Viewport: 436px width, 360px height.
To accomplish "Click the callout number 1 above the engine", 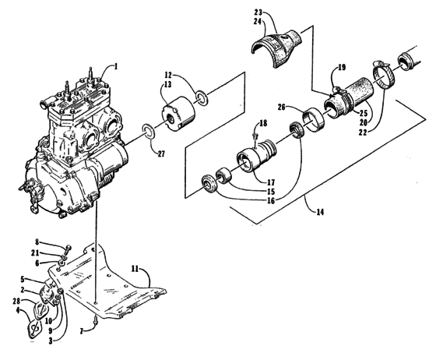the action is coord(116,66).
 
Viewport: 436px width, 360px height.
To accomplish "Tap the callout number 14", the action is coord(320,212).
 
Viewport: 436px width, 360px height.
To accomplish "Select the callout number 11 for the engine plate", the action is coord(135,269).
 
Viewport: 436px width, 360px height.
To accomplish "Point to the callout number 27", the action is coord(161,154).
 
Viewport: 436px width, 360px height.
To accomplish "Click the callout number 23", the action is coord(258,12).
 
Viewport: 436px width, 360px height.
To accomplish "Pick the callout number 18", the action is coord(263,123).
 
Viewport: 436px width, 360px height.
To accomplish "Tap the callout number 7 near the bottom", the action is coord(82,331).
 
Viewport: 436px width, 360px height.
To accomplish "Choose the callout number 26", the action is coord(282,107).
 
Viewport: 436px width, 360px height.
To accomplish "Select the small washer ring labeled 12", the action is coord(202,97).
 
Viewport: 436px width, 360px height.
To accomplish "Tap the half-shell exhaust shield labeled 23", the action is coord(276,48).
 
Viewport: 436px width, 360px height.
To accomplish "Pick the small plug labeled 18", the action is coord(255,136).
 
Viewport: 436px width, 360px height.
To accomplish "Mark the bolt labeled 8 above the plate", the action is coord(68,251).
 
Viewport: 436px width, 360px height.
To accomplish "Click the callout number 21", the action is coord(35,253).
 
